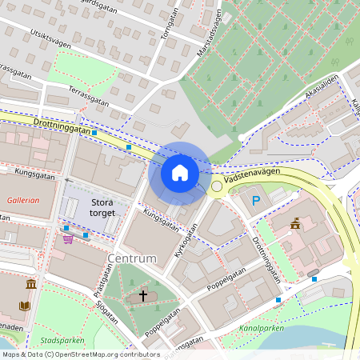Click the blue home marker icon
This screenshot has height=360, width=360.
[x=180, y=173]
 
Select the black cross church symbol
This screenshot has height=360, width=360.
[x=143, y=296]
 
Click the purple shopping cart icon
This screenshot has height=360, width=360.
[x=68, y=238]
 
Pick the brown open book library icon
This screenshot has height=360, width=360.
[x=24, y=306]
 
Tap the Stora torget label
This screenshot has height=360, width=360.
[x=102, y=208]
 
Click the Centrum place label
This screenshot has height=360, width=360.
[x=130, y=258]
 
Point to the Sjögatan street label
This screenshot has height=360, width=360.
[x=107, y=313]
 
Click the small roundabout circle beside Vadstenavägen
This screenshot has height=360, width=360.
[x=216, y=186]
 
